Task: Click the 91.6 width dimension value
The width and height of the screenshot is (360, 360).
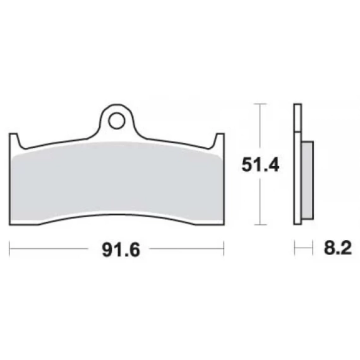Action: [121, 250]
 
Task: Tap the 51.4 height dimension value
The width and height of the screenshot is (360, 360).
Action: [260, 165]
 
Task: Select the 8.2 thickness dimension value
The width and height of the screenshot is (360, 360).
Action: [338, 248]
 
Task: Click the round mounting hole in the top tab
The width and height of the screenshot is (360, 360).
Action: [117, 121]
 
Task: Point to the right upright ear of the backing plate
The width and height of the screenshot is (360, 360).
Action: [219, 140]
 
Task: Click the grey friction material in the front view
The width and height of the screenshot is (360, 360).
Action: [117, 181]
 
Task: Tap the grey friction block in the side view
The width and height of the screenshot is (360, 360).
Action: [308, 180]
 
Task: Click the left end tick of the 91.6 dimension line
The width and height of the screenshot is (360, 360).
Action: [9, 248]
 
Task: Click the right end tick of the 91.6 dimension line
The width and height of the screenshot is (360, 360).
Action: [224, 248]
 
